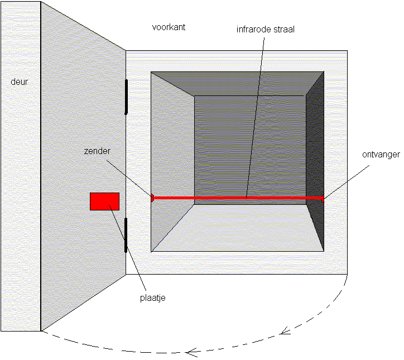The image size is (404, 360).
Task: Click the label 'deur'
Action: click(x=19, y=82)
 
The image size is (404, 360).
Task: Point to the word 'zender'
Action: click(x=96, y=151)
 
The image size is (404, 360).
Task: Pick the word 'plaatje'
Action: click(x=152, y=297)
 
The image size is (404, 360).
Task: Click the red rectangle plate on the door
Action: click(x=104, y=201)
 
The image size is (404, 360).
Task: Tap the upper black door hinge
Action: click(x=127, y=97)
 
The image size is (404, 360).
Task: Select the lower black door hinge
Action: click(x=127, y=235)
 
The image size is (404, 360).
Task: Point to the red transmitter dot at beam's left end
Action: click(x=152, y=197)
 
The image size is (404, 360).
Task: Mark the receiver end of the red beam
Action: click(x=322, y=198)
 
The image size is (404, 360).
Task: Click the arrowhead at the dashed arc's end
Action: click(x=192, y=352)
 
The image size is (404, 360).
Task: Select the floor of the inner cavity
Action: click(x=237, y=229)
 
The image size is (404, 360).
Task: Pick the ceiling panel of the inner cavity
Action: click(x=237, y=83)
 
